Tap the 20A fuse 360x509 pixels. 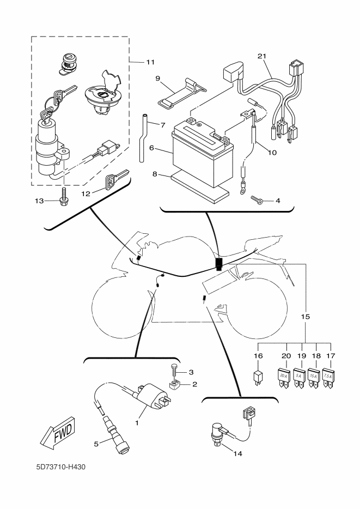[x=283, y=377]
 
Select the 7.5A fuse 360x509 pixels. [x=328, y=377]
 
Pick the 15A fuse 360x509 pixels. [x=313, y=377]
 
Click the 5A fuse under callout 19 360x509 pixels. [x=298, y=377]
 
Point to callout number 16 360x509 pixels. [x=258, y=355]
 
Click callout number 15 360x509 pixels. [x=305, y=316]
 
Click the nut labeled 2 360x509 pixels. [x=174, y=386]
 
